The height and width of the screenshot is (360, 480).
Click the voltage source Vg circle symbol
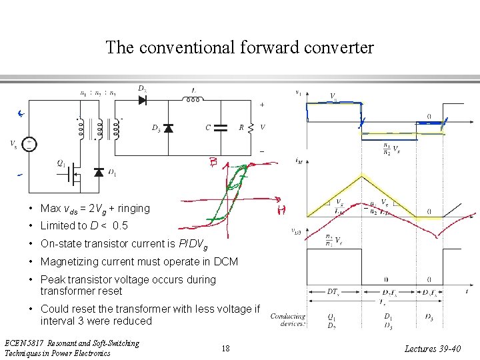coord(29,143)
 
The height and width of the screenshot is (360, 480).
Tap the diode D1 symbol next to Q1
coord(99,173)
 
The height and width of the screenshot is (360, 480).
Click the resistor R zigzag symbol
coord(251,127)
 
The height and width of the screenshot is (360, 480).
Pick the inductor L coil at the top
coord(193,100)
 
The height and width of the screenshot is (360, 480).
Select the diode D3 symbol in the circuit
coord(168,127)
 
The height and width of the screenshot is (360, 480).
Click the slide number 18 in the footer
coord(227,348)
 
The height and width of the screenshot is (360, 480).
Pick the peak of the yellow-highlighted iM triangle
coord(362,175)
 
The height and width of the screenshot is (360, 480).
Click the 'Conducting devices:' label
coord(288,321)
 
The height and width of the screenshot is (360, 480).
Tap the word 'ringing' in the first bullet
coord(133,208)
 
